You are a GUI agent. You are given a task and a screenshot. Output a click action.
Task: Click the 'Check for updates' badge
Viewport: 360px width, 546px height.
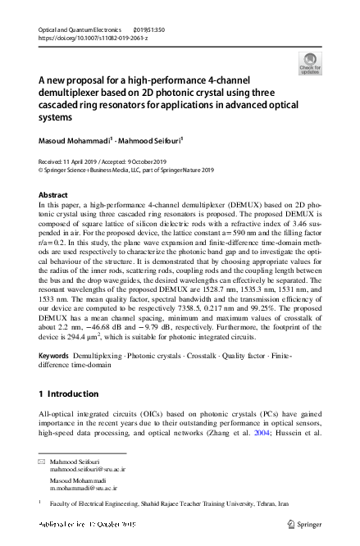pyautogui.click(x=309, y=63)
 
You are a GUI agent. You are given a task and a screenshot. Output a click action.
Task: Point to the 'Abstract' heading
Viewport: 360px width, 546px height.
pyautogui.click(x=54, y=194)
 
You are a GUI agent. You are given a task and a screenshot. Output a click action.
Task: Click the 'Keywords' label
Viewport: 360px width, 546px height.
pyautogui.click(x=55, y=379)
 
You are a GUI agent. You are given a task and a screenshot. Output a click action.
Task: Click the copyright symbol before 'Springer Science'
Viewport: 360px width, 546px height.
pyautogui.click(x=42, y=170)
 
